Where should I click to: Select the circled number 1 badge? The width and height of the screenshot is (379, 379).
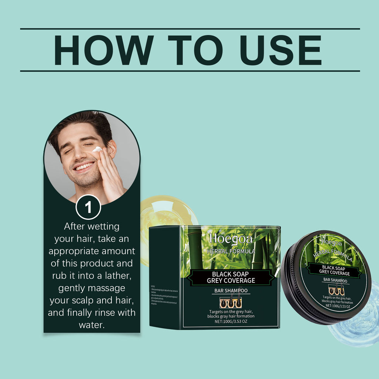point(88,207)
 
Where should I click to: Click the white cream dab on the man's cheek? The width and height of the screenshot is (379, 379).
point(97,149)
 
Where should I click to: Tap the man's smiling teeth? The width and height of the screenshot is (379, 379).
point(84,167)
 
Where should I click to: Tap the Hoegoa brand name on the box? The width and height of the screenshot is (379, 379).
point(231,239)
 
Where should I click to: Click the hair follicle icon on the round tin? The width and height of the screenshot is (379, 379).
point(336,290)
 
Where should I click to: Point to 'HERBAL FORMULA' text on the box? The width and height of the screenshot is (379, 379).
point(231,251)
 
